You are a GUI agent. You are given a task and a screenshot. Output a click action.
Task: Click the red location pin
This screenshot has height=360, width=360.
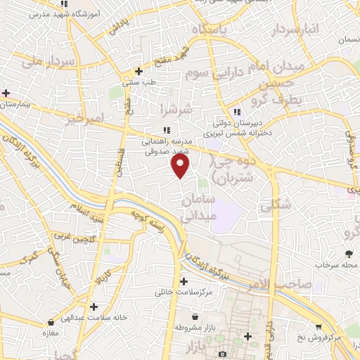[x=181, y=165]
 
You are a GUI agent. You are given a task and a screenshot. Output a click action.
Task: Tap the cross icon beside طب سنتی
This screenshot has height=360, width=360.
[x=139, y=72]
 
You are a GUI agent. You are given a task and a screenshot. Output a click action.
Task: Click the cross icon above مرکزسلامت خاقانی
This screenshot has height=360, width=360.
[x=184, y=281]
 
